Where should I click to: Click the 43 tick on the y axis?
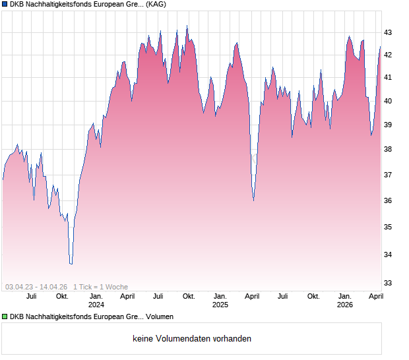388,32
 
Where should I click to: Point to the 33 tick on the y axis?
388,283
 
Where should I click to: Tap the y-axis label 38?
388,149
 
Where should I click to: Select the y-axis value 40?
388,101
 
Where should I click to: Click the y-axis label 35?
388,227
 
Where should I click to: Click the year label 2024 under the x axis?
96,305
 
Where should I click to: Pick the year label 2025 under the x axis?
220,305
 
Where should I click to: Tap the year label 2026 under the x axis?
345,305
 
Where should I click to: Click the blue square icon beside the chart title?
5,5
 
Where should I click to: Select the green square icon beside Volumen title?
5,317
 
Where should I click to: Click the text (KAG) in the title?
156,5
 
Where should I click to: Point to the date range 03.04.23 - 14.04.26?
36,287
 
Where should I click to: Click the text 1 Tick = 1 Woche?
100,287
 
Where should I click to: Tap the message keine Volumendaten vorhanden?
192,339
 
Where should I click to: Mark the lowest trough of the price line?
71,264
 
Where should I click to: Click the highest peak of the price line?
187,26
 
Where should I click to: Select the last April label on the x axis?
375,296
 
